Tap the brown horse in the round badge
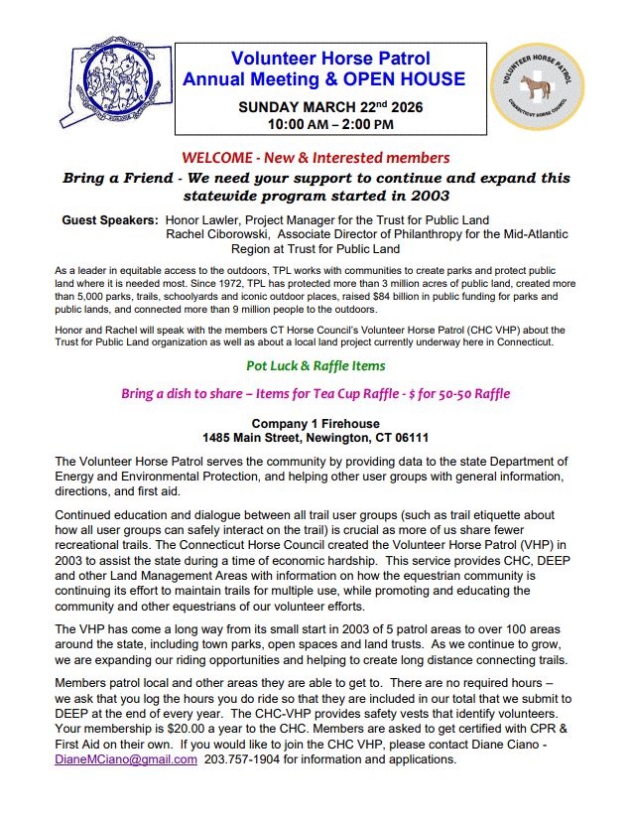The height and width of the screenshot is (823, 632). [541, 86]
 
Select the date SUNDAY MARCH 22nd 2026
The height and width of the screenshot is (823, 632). [330, 107]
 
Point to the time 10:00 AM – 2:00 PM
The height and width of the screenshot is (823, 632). [330, 124]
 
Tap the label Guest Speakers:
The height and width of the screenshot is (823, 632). [109, 220]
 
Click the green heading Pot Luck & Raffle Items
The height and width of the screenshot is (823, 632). [316, 366]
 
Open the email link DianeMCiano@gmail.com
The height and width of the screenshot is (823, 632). [125, 760]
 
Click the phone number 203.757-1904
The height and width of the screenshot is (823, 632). [252, 760]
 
